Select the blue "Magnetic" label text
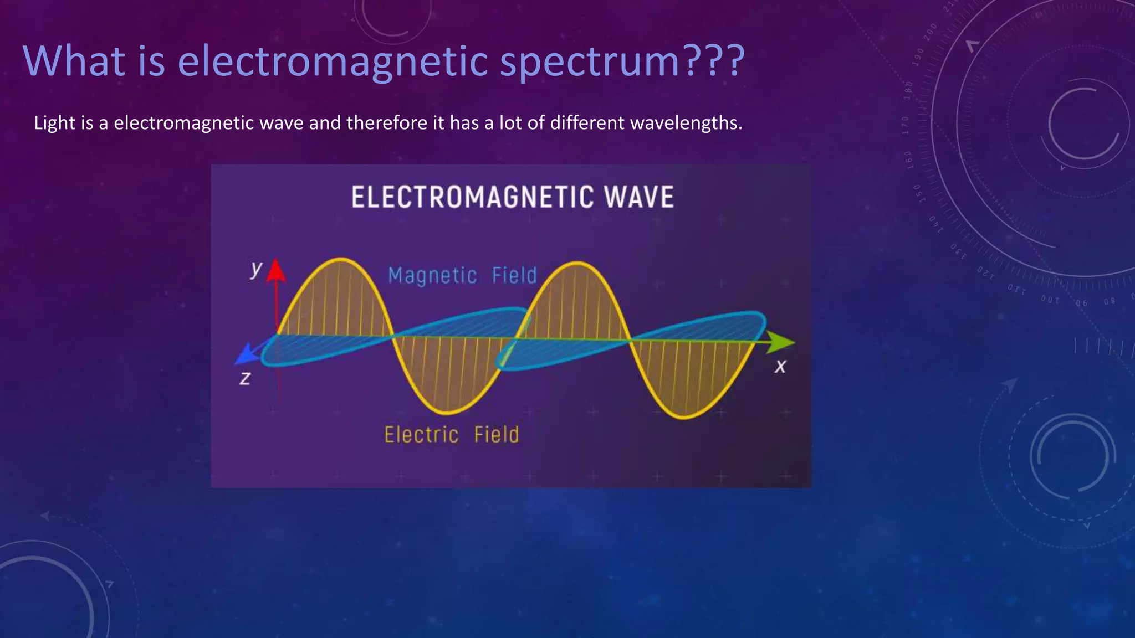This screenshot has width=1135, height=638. (x=432, y=275)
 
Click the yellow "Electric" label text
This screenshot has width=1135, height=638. (x=421, y=435)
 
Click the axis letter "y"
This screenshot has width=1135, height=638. (x=255, y=269)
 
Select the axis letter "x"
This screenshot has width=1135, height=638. (x=780, y=366)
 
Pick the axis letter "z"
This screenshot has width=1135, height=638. (x=245, y=378)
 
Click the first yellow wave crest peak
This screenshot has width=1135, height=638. (x=340, y=259)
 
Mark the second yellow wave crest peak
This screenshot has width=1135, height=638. (x=577, y=263)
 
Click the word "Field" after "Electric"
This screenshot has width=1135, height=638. (x=497, y=435)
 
